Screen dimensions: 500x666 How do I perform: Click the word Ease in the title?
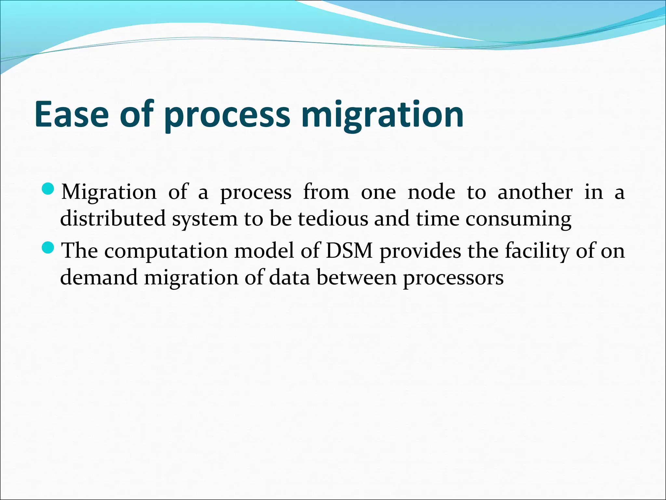pos(71,115)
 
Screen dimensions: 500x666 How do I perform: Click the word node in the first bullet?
pos(431,192)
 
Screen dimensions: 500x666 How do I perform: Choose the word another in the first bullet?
pos(535,192)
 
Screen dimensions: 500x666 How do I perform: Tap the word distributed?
pos(113,218)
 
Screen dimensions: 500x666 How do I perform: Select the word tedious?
pos(333,218)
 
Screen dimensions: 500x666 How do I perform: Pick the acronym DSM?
pos(349,251)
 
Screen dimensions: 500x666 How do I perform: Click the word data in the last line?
pos(289,278)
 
